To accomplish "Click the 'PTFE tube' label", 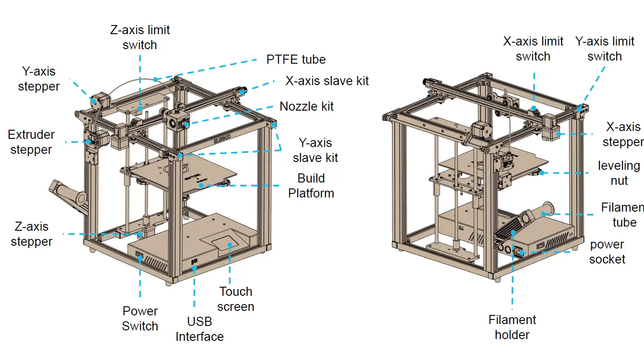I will [296, 60].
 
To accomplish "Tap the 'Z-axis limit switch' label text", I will [140, 38].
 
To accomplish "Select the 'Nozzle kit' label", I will [307, 106].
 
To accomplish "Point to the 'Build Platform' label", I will [311, 185].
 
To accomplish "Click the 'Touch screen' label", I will [236, 299].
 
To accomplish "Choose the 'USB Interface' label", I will [200, 329].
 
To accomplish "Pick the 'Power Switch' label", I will [140, 319].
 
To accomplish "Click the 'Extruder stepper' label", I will [31, 142].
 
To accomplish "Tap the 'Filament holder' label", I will [512, 327].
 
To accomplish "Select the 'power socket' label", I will [607, 252].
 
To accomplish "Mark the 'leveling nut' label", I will [619, 173].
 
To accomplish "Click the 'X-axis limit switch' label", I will [533, 49].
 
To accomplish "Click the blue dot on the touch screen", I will [230, 245].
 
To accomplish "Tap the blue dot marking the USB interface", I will [194, 269].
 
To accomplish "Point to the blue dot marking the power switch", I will [140, 258].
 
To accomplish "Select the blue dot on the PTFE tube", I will [155, 79].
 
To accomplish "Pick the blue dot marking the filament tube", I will [544, 213].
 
